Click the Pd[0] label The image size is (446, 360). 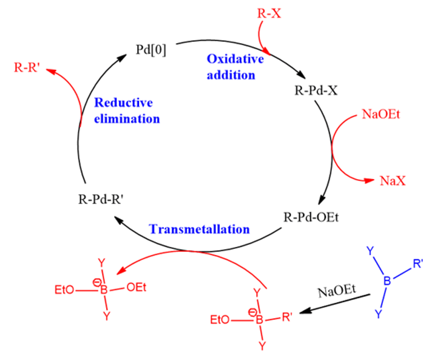coord(151,49)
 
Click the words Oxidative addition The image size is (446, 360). coord(231,67)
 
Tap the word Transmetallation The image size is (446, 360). coord(199,229)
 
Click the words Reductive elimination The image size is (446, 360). coord(127,110)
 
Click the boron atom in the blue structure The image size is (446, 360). coord(387,281)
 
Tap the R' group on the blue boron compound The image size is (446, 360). coord(418,264)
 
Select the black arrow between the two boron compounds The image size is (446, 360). coord(337,303)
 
